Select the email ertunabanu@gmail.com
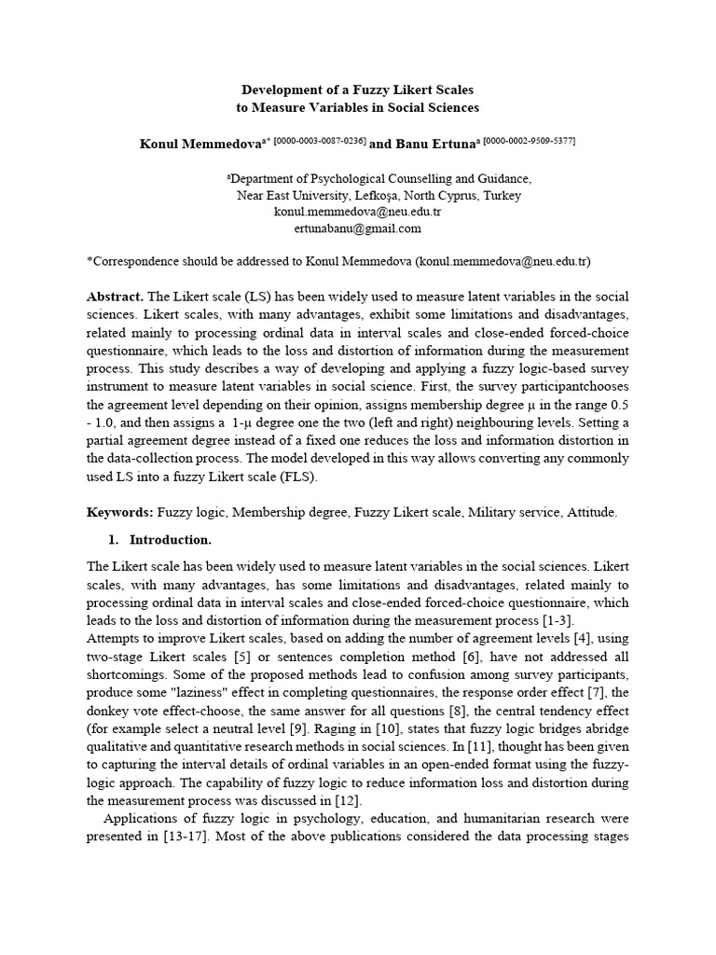pos(357,228)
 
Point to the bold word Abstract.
pos(116,296)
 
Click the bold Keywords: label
pos(120,512)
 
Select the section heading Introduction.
pos(171,540)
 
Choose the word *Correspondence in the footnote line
pos(131,262)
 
